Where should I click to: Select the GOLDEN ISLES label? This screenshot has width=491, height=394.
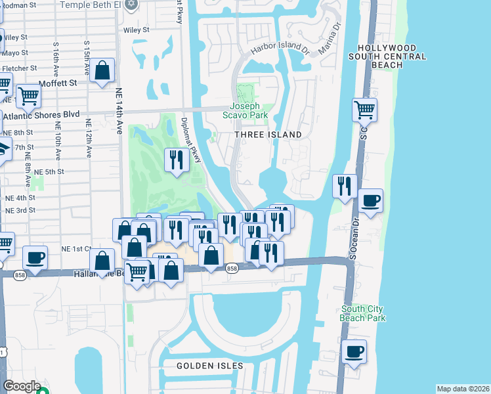click(x=210, y=365)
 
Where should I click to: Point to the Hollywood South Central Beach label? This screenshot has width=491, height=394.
click(x=387, y=57)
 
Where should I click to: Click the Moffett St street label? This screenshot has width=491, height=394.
click(x=58, y=83)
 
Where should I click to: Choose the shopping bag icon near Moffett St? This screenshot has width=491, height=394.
click(x=103, y=71)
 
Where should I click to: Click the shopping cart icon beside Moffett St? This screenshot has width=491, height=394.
click(x=28, y=97)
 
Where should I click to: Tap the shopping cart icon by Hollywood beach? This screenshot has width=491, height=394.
click(x=364, y=110)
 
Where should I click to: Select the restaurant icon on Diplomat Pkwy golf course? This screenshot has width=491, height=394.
click(x=176, y=161)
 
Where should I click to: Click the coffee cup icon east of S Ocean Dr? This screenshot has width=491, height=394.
click(x=370, y=201)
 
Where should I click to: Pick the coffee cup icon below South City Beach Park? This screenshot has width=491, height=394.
click(x=354, y=351)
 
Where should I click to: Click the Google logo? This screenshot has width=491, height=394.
click(x=22, y=386)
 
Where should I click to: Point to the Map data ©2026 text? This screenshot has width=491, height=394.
click(x=463, y=388)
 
